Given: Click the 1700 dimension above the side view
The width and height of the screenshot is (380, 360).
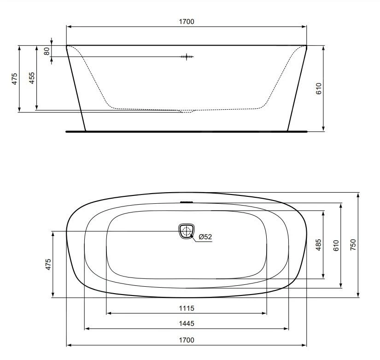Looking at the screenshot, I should [x=187, y=21].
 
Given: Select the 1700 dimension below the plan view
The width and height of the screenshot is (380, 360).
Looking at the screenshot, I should [x=187, y=340].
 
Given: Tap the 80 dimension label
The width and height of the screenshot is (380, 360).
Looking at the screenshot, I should [x=47, y=51].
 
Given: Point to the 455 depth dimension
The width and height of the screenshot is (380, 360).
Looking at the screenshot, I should [x=31, y=78].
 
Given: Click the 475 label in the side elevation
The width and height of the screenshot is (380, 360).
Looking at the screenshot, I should [x=14, y=78].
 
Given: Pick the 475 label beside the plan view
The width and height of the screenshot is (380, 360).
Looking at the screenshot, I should [x=48, y=265].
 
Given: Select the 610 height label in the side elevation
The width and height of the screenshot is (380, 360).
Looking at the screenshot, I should [x=318, y=89].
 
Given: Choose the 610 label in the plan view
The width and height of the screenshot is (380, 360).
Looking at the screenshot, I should [x=336, y=245].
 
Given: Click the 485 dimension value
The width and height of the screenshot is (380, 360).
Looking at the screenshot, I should [x=318, y=244].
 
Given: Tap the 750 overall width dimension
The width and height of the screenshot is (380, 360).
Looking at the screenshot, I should [x=353, y=244].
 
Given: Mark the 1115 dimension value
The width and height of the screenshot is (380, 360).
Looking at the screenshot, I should [x=187, y=308].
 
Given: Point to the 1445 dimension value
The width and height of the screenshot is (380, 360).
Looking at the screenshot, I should [x=187, y=324].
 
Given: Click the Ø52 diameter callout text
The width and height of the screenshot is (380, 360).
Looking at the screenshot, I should [x=205, y=237].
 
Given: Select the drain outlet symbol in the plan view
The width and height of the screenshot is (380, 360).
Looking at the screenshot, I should [x=186, y=231].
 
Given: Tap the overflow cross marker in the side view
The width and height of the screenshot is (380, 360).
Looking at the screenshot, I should [x=187, y=57].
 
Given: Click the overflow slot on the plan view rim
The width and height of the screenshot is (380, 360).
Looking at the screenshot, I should [x=186, y=202].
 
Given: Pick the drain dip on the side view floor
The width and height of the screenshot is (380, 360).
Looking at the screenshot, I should [x=186, y=111].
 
